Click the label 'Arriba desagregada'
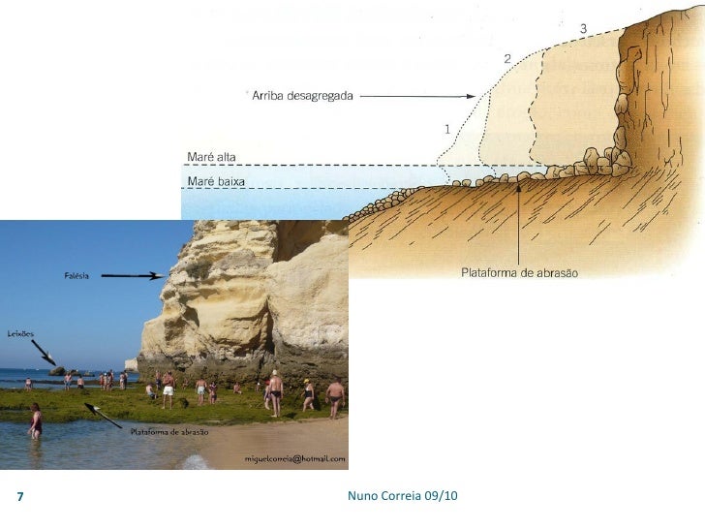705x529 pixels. click(x=302, y=96)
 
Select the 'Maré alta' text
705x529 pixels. click(x=210, y=157)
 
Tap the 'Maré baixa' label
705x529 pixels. click(x=215, y=181)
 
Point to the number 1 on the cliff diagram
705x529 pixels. click(x=446, y=128)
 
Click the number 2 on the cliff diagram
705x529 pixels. click(x=506, y=59)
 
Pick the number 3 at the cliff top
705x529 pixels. click(x=582, y=28)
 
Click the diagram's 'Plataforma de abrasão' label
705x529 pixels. click(x=519, y=273)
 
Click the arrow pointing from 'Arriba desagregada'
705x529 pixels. click(x=421, y=96)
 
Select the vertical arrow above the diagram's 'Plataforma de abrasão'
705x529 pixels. click(x=519, y=223)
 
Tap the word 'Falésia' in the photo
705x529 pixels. click(x=77, y=276)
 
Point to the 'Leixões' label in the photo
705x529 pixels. click(x=20, y=333)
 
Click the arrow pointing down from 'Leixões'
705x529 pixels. click(x=45, y=355)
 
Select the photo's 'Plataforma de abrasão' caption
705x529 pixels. click(x=169, y=431)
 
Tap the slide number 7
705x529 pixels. click(x=20, y=497)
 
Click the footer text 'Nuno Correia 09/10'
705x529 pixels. click(x=402, y=496)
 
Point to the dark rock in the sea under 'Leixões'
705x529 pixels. click(x=58, y=371)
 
